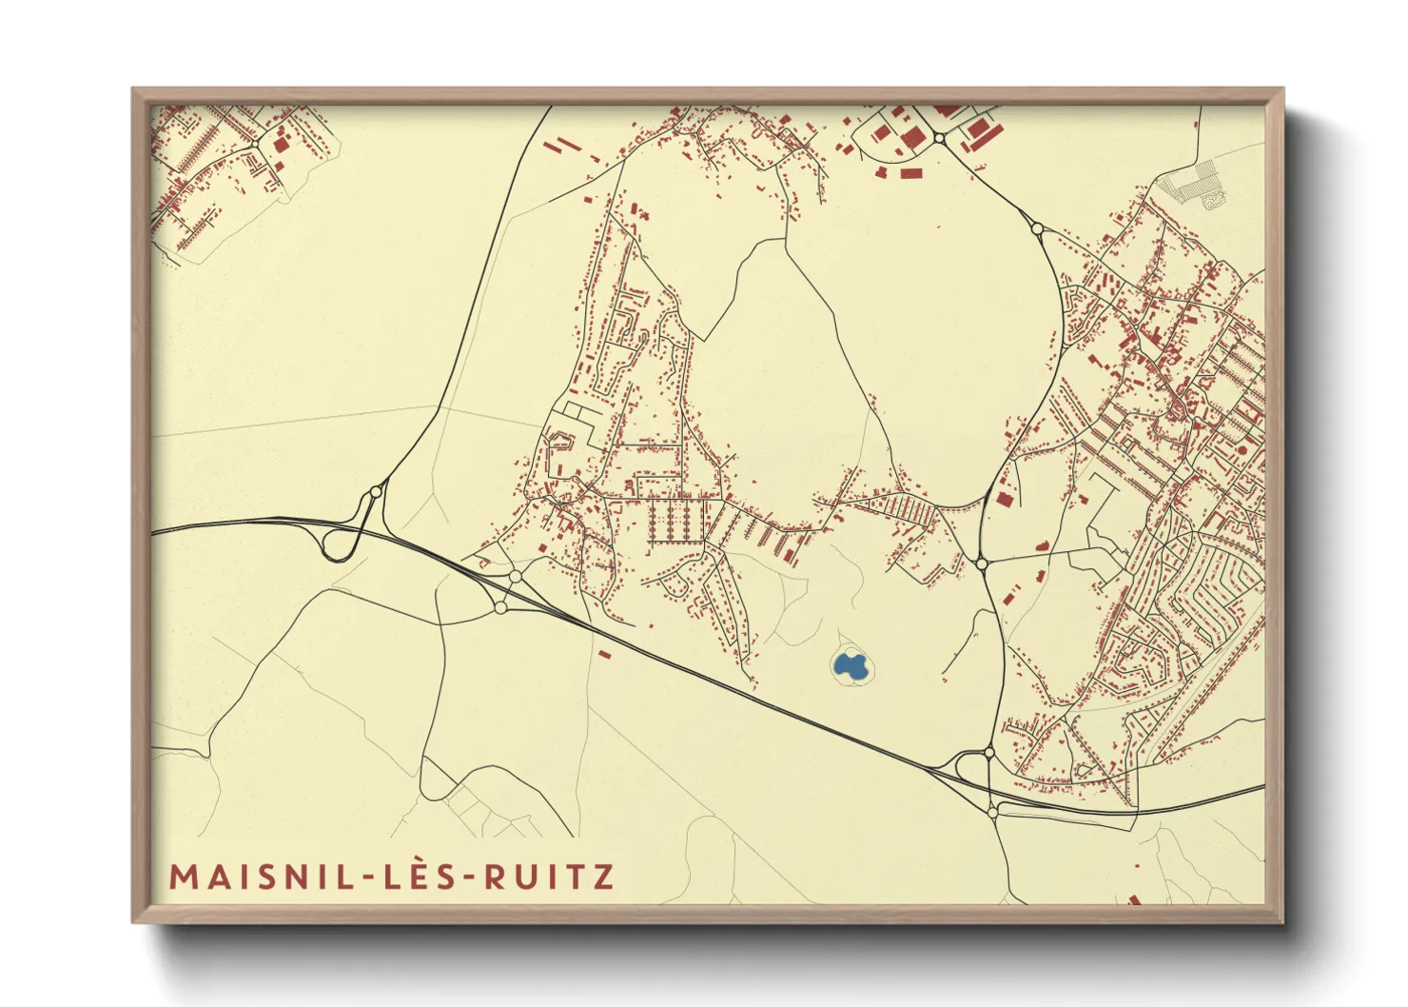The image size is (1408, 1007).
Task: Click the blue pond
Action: (851, 664)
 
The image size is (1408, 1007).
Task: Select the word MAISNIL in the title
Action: (264, 877)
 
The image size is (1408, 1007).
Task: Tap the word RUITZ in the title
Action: (549, 877)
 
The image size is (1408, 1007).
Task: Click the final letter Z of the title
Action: (603, 877)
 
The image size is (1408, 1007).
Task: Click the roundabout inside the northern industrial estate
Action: (939, 138)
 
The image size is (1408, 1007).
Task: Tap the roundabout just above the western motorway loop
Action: (375, 492)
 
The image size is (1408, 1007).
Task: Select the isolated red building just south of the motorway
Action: (603, 654)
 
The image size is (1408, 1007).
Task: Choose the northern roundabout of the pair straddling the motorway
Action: (515, 577)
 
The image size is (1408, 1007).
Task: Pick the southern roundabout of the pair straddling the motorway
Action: (500, 607)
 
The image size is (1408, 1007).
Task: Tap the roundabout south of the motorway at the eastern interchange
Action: (992, 812)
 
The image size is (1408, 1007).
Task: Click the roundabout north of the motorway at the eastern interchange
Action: (989, 753)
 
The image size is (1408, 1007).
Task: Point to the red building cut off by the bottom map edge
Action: (1134, 899)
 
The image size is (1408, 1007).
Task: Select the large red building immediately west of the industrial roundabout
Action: (911, 139)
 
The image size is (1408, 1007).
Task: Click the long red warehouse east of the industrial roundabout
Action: (980, 132)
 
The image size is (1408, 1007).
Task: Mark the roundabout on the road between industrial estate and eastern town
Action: (1036, 228)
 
